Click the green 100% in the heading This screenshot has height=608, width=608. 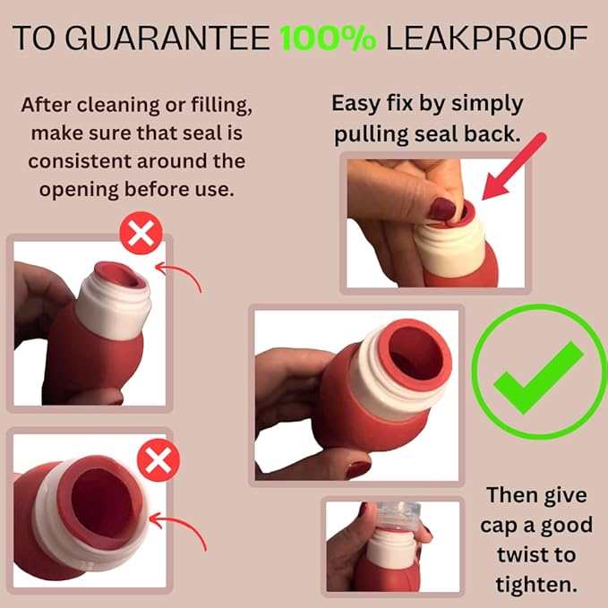coord(328,39)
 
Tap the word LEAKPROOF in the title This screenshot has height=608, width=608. coord(486,38)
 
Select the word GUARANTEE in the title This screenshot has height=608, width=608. coord(167,38)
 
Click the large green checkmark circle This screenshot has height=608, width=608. coord(539,372)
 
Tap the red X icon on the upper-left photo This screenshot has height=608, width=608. coord(141,233)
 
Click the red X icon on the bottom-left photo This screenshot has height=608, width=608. coord(158,460)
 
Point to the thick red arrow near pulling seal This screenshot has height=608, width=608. coord(514,167)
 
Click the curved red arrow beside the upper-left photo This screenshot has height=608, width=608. coord(179,275)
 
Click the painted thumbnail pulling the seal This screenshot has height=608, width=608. coord(442,209)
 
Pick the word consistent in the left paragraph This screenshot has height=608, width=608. coord(80,162)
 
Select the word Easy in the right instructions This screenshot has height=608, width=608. coord(356,104)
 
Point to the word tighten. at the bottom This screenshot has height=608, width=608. coord(536,585)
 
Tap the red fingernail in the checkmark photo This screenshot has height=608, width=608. coord(357,469)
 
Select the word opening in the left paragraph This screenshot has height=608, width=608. coord(79,191)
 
